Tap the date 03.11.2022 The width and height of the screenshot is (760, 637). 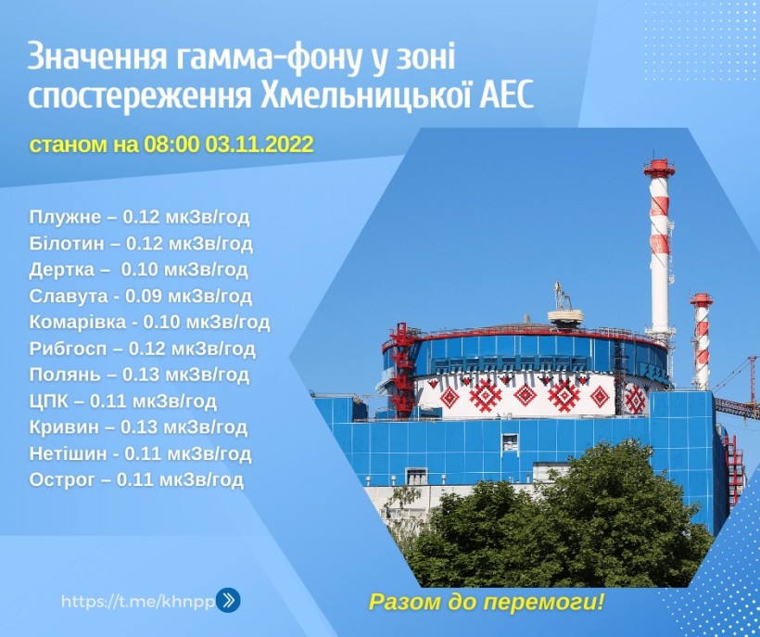point(260,145)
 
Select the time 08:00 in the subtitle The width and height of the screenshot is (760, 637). point(171,145)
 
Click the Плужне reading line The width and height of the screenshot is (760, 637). point(140,217)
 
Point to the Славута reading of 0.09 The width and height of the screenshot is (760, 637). point(141,296)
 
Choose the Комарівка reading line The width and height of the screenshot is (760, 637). point(149,322)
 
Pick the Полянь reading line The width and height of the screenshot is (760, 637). point(139,375)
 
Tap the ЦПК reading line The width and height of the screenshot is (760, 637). point(122,401)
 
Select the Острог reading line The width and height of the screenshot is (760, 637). point(136,479)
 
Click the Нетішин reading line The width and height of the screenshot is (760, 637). point(140,453)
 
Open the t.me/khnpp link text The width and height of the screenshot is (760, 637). point(138,602)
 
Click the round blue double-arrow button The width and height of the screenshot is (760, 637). point(228,600)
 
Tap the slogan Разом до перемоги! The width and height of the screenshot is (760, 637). point(487,602)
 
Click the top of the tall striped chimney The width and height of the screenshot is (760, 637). point(659,161)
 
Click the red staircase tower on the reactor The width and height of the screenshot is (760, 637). point(400,370)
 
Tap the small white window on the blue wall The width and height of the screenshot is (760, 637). point(510,442)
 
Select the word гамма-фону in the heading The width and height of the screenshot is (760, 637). point(265,57)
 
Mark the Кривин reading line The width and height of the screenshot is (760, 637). point(138,427)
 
